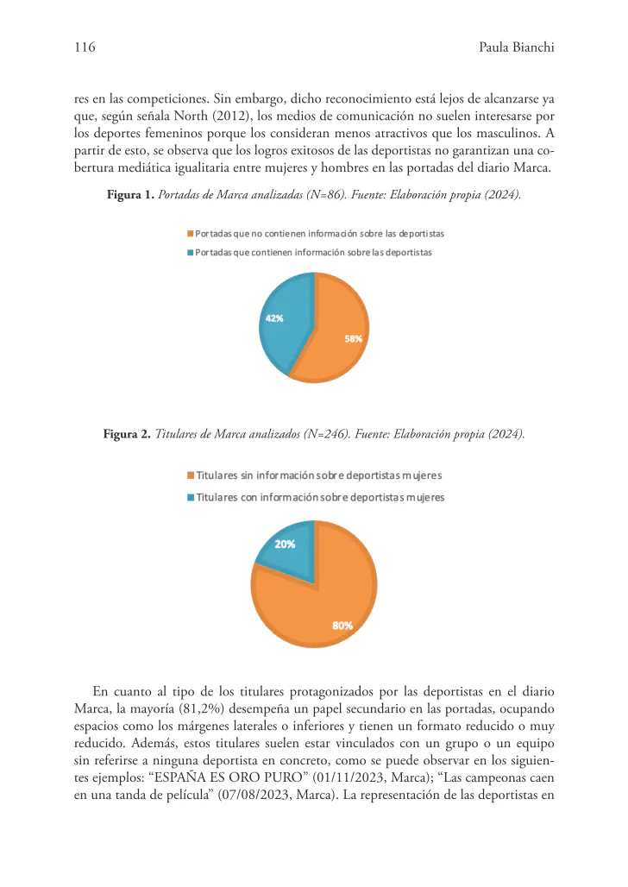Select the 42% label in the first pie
coord(273,318)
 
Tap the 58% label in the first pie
coord(353,339)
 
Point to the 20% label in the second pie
coord(285,544)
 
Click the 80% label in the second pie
coord(342,626)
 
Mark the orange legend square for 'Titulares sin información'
coord(191,475)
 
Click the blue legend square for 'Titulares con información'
coord(191,498)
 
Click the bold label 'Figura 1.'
coord(129,196)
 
